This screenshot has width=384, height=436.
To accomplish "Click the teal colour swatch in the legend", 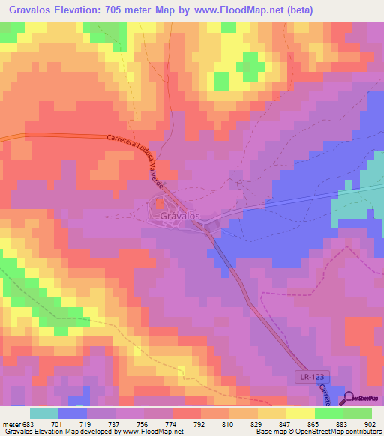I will point(44,414).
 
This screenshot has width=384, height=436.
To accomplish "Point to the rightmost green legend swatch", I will point(358,414).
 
